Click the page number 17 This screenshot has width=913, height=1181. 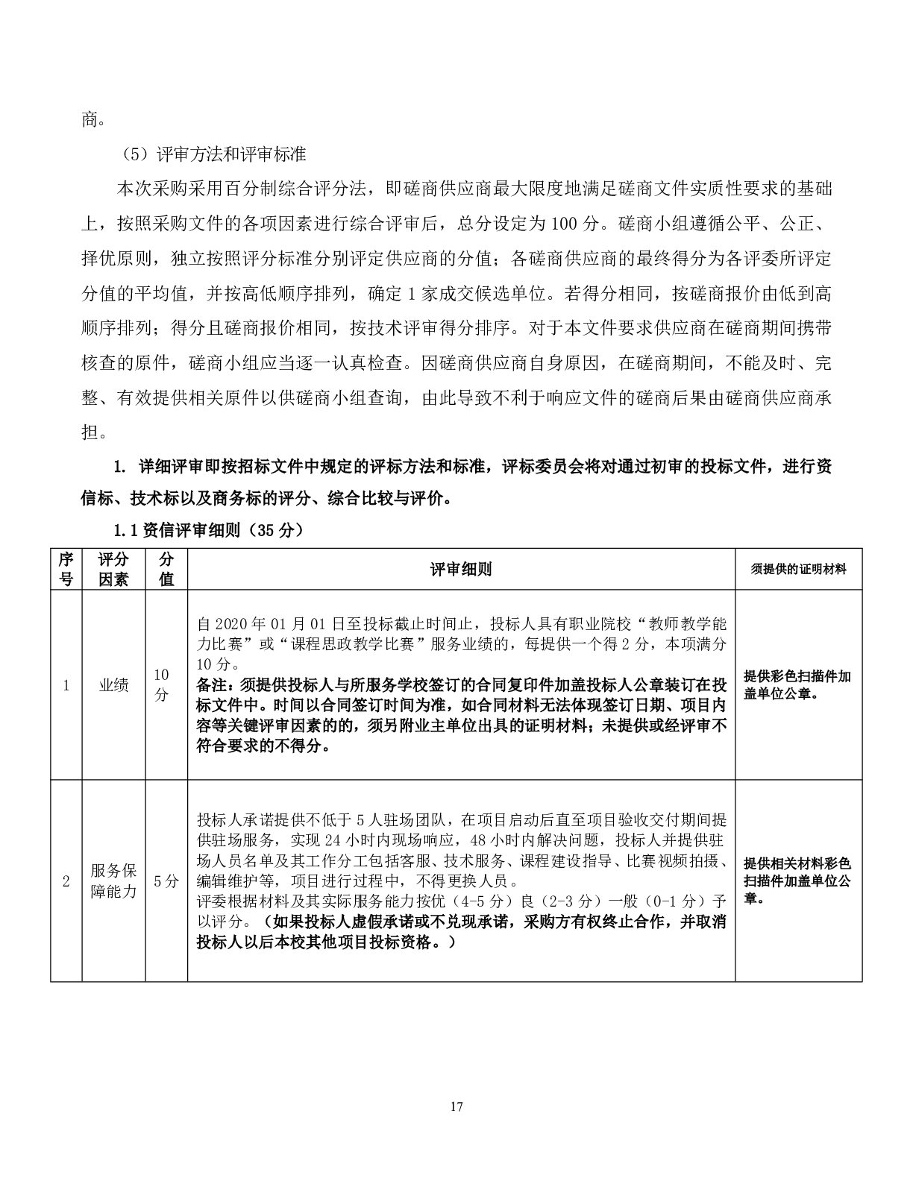[x=456, y=1106]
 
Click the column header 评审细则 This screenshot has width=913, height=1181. [x=460, y=570]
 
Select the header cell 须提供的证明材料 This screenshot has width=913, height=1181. [x=798, y=570]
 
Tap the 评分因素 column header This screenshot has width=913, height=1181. [x=113, y=570]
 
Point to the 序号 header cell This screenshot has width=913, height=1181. [x=66, y=570]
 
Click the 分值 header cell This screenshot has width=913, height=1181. [x=166, y=570]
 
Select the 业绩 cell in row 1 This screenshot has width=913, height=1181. [x=113, y=685]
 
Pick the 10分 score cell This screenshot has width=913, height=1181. [x=162, y=684]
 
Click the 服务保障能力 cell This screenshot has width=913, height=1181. [x=113, y=881]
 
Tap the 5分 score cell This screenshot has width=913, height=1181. [x=166, y=881]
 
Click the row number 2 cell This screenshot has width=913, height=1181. [x=66, y=881]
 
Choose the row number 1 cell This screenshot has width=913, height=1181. [x=66, y=685]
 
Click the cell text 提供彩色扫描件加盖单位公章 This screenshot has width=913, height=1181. [x=797, y=684]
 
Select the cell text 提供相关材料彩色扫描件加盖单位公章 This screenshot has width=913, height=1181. [x=797, y=881]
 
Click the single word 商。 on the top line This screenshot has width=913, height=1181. [x=92, y=119]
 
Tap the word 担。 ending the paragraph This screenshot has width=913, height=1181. [x=92, y=432]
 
